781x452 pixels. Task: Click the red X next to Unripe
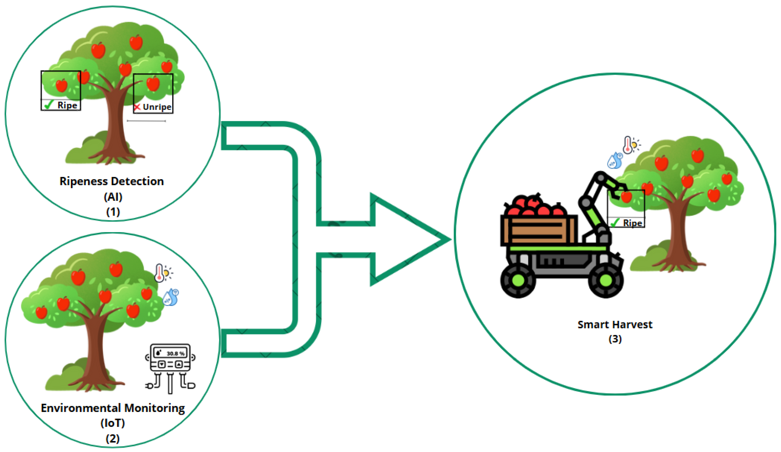click(x=137, y=107)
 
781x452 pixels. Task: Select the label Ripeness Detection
click(x=112, y=181)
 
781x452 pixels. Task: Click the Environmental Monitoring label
click(x=113, y=408)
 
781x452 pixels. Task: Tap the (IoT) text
click(x=113, y=423)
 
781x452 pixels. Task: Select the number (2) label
click(x=113, y=438)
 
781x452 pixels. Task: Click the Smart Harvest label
click(x=615, y=324)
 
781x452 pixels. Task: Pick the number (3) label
click(x=615, y=339)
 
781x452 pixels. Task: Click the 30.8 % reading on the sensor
click(x=176, y=353)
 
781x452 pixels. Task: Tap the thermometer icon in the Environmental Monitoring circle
click(x=159, y=273)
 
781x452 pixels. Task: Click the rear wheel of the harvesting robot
click(x=518, y=281)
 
